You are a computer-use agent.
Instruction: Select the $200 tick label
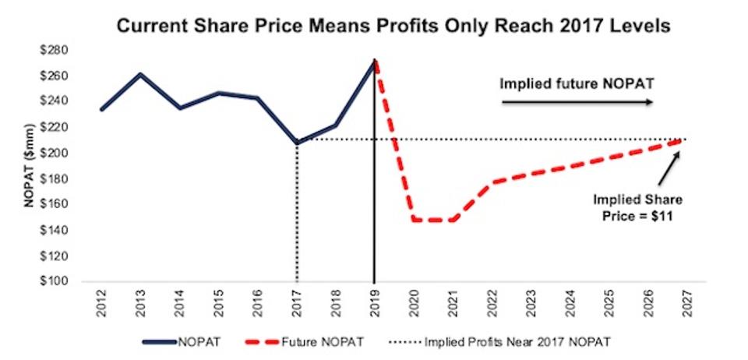point(59,154)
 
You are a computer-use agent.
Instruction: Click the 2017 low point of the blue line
point(297,143)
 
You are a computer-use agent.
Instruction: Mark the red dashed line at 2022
point(490,182)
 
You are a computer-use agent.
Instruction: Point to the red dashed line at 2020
point(413,220)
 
